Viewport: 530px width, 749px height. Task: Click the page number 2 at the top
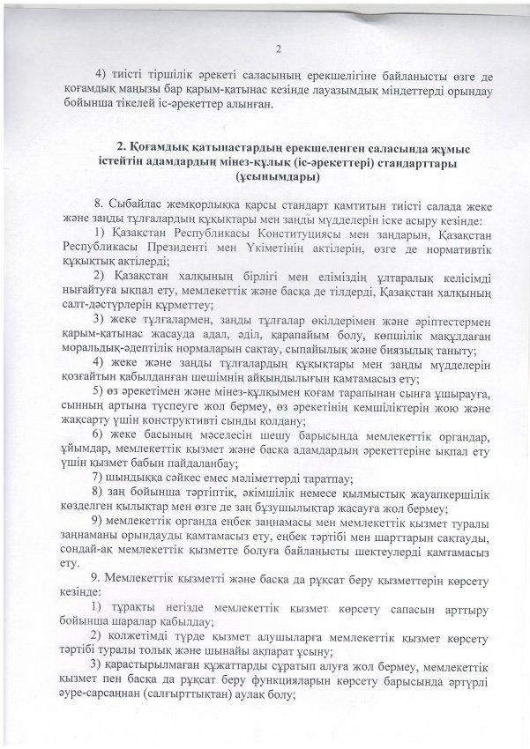(277, 49)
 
